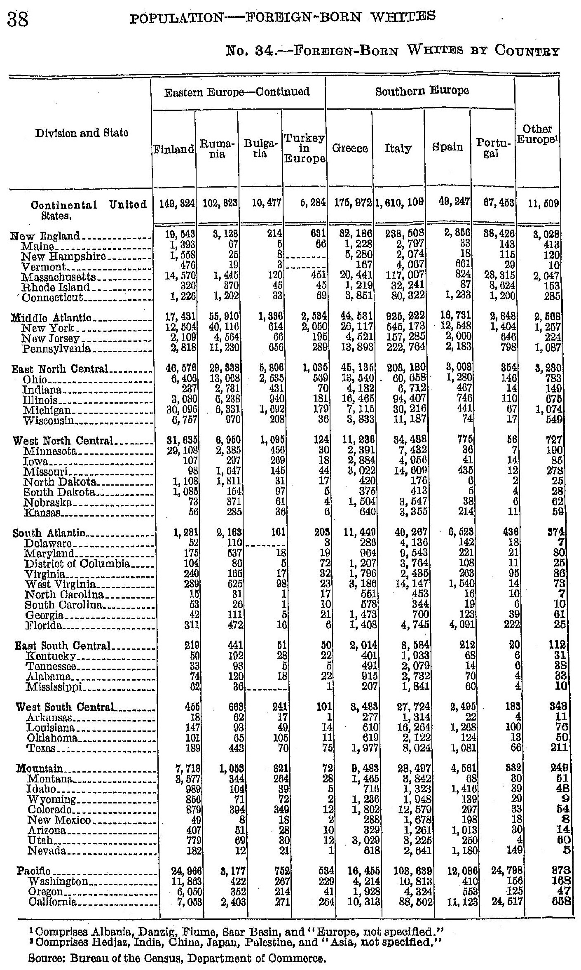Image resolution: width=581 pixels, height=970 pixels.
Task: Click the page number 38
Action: click(18, 19)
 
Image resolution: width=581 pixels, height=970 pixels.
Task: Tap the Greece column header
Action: click(350, 148)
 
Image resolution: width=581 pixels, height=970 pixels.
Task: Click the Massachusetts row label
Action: click(60, 277)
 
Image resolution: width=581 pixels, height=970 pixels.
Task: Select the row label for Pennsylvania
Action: click(57, 349)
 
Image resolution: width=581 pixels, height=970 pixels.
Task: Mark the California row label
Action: click(53, 902)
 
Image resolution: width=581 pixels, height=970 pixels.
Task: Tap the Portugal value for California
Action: click(505, 902)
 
